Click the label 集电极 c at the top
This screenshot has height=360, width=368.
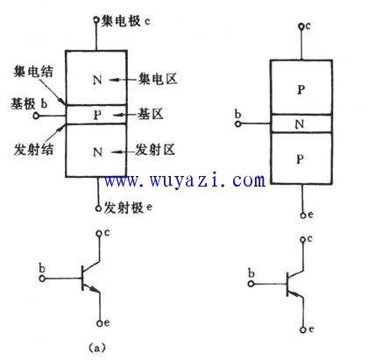click(x=126, y=21)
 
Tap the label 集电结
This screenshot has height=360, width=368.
click(x=33, y=72)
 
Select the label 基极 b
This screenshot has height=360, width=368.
click(x=29, y=103)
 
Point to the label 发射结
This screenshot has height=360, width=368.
click(x=33, y=150)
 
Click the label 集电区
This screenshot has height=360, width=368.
click(x=158, y=79)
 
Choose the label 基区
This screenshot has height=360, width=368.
click(x=151, y=114)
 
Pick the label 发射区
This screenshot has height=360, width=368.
click(x=155, y=150)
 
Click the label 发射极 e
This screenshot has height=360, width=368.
click(x=128, y=208)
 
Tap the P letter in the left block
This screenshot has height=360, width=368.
click(x=97, y=115)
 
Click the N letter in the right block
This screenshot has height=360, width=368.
click(x=300, y=124)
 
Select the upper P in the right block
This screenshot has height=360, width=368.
click(x=301, y=89)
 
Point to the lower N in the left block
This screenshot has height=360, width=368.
click(x=97, y=152)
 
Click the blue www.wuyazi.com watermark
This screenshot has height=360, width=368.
click(x=185, y=180)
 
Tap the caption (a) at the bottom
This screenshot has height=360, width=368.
click(x=96, y=348)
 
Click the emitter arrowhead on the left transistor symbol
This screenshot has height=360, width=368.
click(x=94, y=289)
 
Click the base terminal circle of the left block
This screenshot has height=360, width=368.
click(x=36, y=116)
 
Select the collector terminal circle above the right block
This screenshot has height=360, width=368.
click(x=301, y=26)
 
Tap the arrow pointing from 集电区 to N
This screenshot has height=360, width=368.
click(x=124, y=80)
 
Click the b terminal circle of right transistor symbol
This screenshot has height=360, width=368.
click(x=251, y=284)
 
